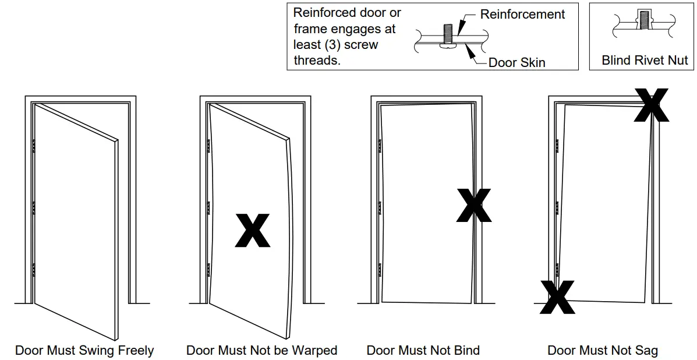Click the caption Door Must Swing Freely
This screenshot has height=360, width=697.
[x=84, y=350]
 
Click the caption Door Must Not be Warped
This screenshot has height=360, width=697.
[x=261, y=350]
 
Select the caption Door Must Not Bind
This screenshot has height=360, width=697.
[x=423, y=350]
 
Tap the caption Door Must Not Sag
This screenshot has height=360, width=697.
[x=603, y=350]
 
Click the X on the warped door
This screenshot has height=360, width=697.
[x=252, y=231]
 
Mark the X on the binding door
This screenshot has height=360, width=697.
[x=473, y=206]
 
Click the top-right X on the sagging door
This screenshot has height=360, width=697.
[x=651, y=105]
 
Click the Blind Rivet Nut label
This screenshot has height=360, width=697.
[x=645, y=60]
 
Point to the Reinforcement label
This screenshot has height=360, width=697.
[x=522, y=15]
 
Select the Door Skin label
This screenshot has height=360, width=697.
[x=516, y=62]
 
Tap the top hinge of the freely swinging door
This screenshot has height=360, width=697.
[x=34, y=146]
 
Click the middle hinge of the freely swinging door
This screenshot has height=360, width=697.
[x=34, y=208]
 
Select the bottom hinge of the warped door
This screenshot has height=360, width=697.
[x=208, y=270]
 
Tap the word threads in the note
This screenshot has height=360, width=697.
[x=317, y=60]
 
